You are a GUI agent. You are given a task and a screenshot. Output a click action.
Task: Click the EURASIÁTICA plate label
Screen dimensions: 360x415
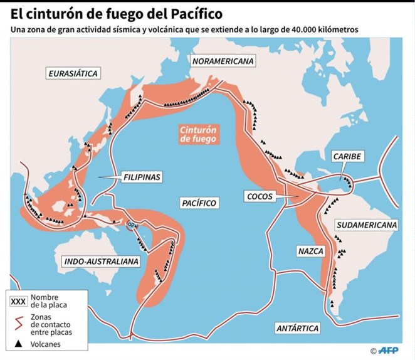[x=73, y=73]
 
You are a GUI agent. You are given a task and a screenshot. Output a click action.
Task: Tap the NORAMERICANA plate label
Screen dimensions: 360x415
[x=223, y=61]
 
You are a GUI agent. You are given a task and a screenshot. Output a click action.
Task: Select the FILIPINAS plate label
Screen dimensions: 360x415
[x=142, y=177]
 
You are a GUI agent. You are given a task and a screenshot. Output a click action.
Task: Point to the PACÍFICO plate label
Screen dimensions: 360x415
[x=198, y=203]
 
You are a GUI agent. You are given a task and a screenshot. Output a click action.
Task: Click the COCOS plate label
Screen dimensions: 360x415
[x=259, y=196]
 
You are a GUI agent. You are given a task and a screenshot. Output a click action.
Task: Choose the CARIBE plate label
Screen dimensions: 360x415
[x=347, y=157]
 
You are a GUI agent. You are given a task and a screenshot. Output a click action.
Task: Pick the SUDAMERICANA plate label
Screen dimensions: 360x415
[x=367, y=225]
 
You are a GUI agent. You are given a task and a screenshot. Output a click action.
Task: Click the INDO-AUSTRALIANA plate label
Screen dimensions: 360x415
[x=101, y=260]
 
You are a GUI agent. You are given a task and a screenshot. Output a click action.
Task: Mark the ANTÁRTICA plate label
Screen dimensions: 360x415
[x=298, y=328]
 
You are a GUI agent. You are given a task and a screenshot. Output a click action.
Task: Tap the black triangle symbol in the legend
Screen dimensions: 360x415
[x=18, y=343]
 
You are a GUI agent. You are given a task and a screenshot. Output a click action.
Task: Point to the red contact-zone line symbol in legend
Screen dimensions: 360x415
[x=18, y=322]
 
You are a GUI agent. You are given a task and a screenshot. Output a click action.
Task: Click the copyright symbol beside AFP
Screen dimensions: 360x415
[x=373, y=351]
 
